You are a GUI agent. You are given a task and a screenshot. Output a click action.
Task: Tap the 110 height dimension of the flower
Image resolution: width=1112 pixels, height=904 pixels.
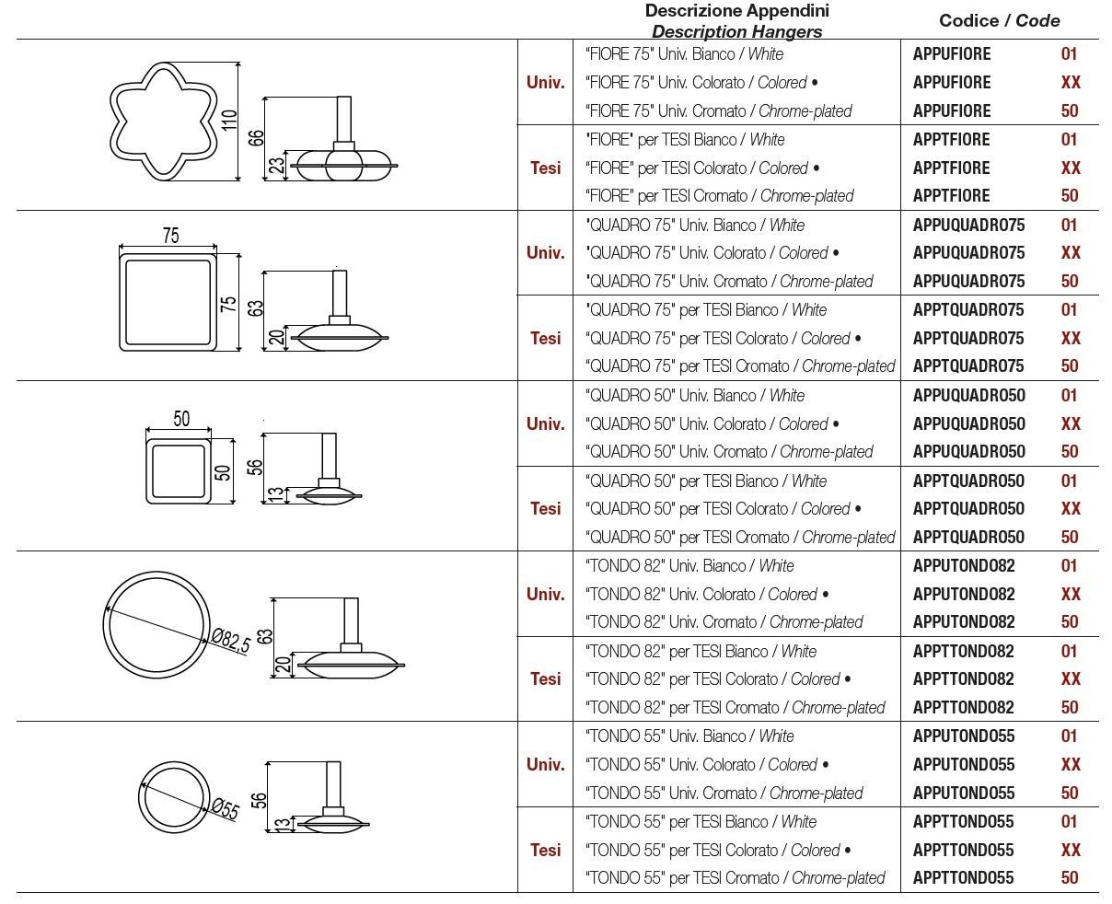point(230,120)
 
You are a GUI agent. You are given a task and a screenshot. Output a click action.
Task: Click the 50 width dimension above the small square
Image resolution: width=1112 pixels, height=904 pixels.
point(181,419)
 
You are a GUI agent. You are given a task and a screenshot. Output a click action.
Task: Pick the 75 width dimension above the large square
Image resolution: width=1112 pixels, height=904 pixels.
point(170,236)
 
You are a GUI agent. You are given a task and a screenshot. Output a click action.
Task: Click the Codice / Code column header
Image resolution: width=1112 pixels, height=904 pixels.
point(999,20)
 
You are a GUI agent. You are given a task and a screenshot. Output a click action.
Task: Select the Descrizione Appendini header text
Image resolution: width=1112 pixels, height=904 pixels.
point(736,11)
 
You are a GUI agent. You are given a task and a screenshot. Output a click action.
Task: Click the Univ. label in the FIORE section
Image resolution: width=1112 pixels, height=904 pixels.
point(545,82)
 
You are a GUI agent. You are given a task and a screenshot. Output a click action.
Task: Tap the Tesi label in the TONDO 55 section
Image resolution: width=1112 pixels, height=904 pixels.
point(545,850)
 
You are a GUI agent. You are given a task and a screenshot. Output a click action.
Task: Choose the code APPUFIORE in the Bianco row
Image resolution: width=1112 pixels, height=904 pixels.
point(952,54)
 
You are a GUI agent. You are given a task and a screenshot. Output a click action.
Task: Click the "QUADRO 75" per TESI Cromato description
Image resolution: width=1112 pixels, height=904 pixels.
point(739,366)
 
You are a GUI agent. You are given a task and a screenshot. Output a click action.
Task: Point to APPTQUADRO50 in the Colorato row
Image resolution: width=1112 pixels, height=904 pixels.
point(968,509)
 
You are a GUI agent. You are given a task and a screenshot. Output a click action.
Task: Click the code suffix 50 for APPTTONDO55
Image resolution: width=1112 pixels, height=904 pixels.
point(1070,878)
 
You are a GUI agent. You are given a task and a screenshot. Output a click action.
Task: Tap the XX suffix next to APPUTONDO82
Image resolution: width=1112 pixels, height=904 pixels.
point(1071,595)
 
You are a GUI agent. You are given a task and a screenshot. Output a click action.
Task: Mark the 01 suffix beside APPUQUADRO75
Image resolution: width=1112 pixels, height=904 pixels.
point(1070,226)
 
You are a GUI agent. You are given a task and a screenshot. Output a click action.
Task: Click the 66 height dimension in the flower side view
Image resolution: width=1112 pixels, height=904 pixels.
point(257,137)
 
